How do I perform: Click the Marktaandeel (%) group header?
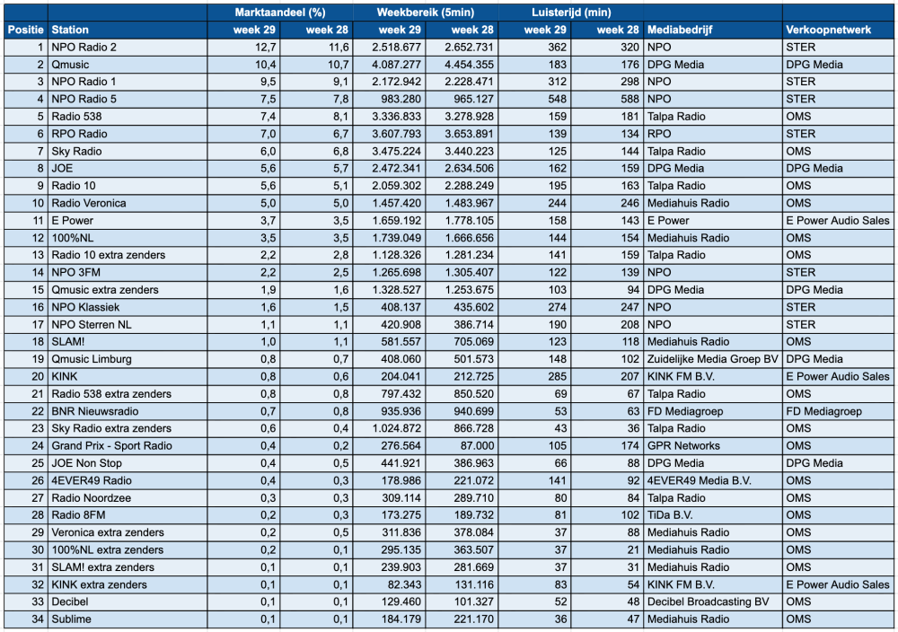(280, 13)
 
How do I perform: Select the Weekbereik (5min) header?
(426, 13)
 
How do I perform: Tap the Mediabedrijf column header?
(680, 30)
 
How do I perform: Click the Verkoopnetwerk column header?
(828, 30)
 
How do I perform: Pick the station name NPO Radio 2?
(84, 47)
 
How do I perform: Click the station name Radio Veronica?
(89, 203)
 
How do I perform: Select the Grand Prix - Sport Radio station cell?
(111, 446)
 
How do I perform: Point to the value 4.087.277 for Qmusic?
(396, 65)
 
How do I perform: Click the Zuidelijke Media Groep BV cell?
(712, 359)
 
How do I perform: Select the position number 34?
(38, 619)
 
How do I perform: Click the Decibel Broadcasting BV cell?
(708, 601)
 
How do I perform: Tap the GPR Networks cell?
(683, 446)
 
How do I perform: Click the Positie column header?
(26, 30)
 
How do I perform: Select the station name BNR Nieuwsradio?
(95, 411)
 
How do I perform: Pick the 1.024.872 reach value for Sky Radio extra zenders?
(396, 428)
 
